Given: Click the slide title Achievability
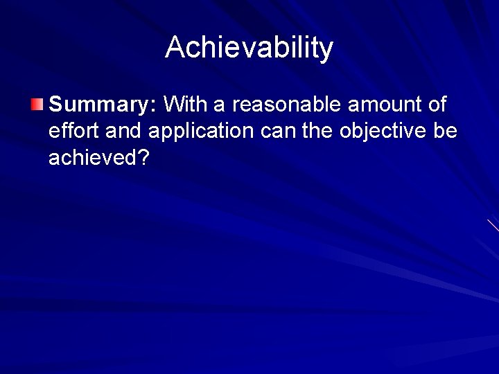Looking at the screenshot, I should pyautogui.click(x=249, y=48).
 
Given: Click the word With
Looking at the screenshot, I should pyautogui.click(x=184, y=105).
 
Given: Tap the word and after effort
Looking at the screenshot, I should pyautogui.click(x=123, y=132).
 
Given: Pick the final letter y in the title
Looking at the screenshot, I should pyautogui.click(x=326, y=51).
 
